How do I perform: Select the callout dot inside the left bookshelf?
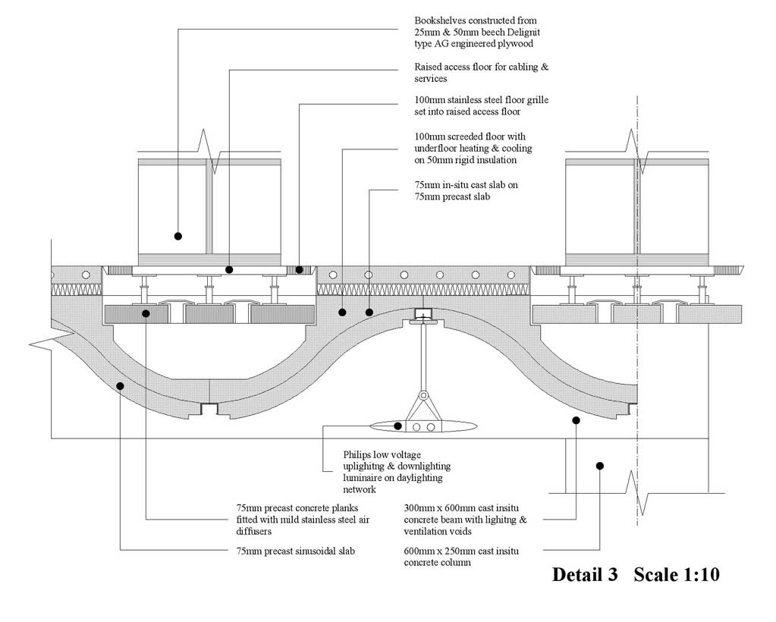[x=178, y=236]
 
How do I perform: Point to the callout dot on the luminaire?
[x=398, y=426]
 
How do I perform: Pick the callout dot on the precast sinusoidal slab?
[x=120, y=386]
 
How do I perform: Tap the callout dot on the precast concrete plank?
[x=146, y=313]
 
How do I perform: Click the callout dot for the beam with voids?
[x=576, y=419]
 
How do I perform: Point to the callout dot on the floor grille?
[x=299, y=269]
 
